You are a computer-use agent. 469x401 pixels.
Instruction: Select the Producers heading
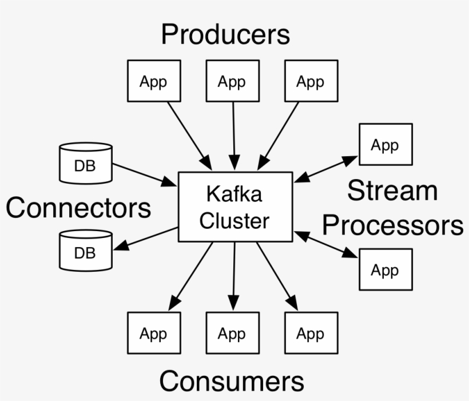pyautogui.click(x=225, y=34)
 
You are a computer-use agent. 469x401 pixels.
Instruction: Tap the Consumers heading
pyautogui.click(x=232, y=381)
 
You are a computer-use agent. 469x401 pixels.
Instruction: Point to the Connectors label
pyautogui.click(x=78, y=208)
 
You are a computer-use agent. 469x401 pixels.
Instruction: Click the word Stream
pyautogui.click(x=392, y=191)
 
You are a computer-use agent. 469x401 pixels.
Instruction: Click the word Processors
pyautogui.click(x=392, y=225)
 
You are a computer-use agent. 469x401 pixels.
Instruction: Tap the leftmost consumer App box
pyautogui.click(x=153, y=333)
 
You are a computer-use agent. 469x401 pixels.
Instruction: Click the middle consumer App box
pyautogui.click(x=232, y=333)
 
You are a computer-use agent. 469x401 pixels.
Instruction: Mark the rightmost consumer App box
pyautogui.click(x=310, y=333)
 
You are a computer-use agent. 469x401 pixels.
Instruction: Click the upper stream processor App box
pyautogui.click(x=385, y=145)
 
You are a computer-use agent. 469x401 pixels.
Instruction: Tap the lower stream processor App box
pyautogui.click(x=385, y=269)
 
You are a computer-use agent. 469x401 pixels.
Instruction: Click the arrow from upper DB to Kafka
pyautogui.click(x=145, y=174)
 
